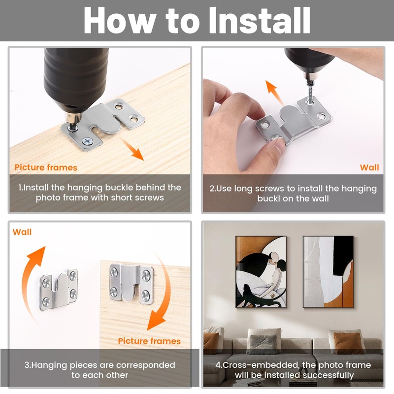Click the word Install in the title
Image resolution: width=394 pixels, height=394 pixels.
coord(260,20)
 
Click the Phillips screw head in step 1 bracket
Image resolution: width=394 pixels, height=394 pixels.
coord(88,141)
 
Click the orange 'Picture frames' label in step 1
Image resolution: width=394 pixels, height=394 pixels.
coord(46,167)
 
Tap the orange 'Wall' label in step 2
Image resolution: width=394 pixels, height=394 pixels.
coord(369,167)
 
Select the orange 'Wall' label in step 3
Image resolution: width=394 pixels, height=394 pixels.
coord(22,232)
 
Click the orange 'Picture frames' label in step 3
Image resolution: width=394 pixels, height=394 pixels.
coord(149,341)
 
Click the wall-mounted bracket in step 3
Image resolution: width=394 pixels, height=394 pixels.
coord(59,290)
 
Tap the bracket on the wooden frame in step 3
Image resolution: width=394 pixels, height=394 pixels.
coord(131,282)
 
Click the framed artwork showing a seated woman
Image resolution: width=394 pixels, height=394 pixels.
coord(261,272)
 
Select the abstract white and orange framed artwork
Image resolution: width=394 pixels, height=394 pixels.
coord(328,272)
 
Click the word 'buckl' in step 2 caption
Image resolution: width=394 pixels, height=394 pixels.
coord(268,199)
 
